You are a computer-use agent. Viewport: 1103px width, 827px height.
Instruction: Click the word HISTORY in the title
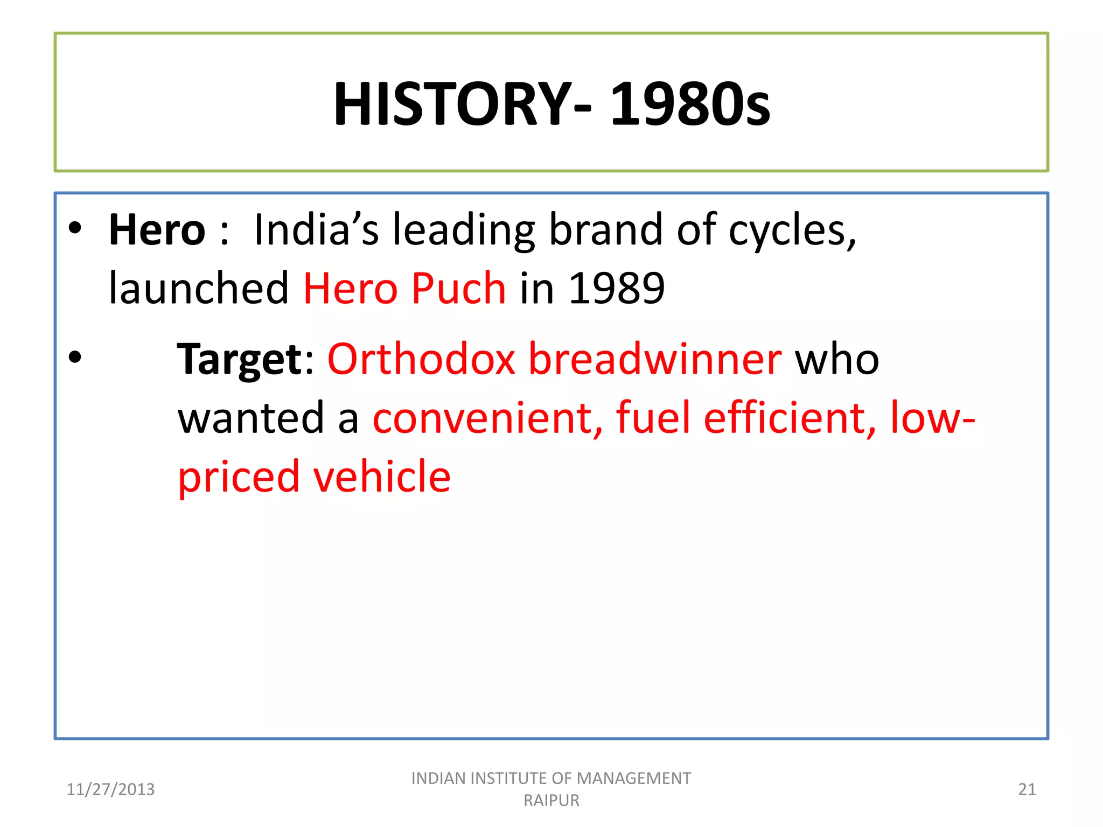pos(452,103)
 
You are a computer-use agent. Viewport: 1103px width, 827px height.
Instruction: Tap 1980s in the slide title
pos(690,103)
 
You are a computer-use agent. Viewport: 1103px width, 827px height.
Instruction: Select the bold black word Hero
pos(157,230)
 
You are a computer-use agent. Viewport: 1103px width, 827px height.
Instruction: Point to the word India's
pos(316,230)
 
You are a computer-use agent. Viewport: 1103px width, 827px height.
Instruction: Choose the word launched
pos(199,288)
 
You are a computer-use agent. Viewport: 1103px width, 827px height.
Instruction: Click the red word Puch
pos(459,288)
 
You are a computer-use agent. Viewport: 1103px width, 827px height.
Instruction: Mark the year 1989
pos(617,288)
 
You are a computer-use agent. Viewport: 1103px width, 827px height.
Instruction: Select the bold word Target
pos(240,360)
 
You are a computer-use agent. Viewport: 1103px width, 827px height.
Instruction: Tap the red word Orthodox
pos(421,359)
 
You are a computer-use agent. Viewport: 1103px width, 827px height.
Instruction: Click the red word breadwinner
pos(655,359)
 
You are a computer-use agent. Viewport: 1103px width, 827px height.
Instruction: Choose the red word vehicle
pos(381,476)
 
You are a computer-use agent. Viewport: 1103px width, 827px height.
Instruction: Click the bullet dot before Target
pos(75,357)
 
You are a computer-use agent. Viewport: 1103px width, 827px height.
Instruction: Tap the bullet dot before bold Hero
pos(75,228)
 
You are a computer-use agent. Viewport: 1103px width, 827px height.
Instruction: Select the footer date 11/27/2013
pos(110,789)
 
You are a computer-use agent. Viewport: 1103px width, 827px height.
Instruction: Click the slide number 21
pos(1027,789)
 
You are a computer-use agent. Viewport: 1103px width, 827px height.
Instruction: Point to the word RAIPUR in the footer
pos(551,801)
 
